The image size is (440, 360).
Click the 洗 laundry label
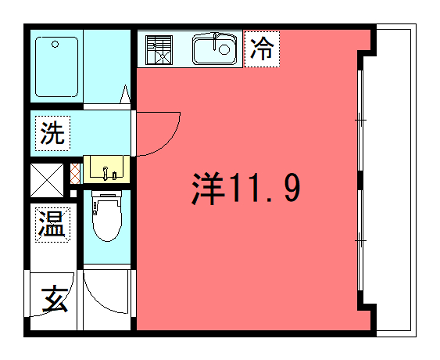coord(52,134)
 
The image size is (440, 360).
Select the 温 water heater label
coord(51,224)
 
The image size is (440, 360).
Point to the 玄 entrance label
coord(54,298)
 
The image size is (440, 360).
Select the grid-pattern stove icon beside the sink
coord(159,49)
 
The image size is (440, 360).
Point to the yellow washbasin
coord(105,168)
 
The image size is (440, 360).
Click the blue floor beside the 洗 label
coord(100,130)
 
